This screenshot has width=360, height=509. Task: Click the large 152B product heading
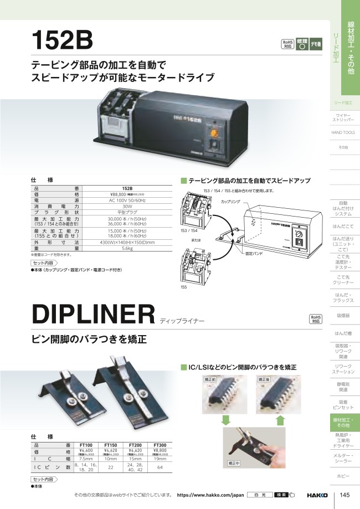point(62,40)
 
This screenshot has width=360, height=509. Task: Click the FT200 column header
point(134,445)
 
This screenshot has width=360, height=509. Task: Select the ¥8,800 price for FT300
point(160,451)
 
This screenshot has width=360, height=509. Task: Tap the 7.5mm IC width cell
point(86,459)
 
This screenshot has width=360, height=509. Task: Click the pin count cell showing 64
point(160,468)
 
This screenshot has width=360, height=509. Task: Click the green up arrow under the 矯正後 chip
point(280,420)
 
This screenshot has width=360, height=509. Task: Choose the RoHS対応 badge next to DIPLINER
point(316,318)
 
